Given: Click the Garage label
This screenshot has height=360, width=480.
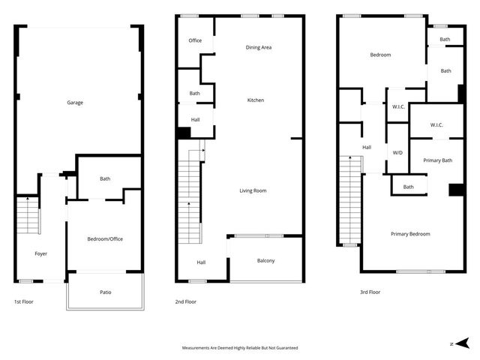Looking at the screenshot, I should pyautogui.click(x=75, y=102).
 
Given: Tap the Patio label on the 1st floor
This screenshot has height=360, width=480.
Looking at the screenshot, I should pyautogui.click(x=106, y=292).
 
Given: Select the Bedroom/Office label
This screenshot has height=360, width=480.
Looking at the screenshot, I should pyautogui.click(x=105, y=238).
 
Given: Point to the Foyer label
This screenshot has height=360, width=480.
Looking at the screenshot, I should pyautogui.click(x=41, y=253).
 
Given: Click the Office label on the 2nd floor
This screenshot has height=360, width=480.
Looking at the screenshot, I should pyautogui.click(x=195, y=40).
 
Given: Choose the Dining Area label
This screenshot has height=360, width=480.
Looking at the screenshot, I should pyautogui.click(x=259, y=47).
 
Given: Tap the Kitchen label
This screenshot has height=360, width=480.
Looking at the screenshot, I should pyautogui.click(x=256, y=100).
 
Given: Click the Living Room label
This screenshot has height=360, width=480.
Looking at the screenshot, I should pyautogui.click(x=253, y=190).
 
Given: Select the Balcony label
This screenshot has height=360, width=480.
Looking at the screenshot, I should pyautogui.click(x=266, y=260).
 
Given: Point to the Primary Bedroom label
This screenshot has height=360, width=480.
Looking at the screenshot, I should pyautogui.click(x=411, y=234).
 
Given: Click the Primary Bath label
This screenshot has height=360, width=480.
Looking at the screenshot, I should pyautogui.click(x=437, y=160).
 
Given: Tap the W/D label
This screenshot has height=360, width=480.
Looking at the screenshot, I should pyautogui.click(x=397, y=152).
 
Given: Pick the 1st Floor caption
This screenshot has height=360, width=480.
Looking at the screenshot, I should pyautogui.click(x=23, y=301).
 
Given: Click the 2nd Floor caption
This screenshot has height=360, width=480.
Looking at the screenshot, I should pyautogui.click(x=185, y=301).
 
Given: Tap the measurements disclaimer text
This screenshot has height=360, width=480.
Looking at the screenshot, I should pyautogui.click(x=240, y=348).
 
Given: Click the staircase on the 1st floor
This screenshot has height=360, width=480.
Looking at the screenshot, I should pyautogui.click(x=27, y=214).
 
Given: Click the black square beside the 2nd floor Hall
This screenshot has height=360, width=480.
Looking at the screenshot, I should pyautogui.click(x=184, y=133).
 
